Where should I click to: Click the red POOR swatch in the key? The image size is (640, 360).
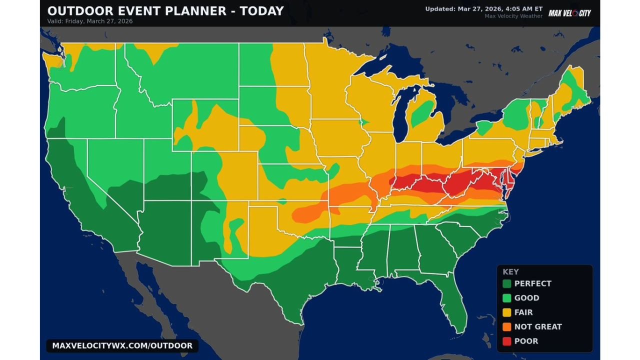pyautogui.click(x=507, y=341)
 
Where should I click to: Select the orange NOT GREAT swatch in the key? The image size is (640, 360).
pyautogui.click(x=507, y=326)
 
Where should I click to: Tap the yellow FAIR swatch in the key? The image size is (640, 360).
pyautogui.click(x=507, y=312)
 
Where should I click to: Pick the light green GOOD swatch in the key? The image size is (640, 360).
pyautogui.click(x=507, y=298)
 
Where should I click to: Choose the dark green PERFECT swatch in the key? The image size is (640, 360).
pyautogui.click(x=507, y=283)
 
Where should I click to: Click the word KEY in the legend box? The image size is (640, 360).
pyautogui.click(x=510, y=272)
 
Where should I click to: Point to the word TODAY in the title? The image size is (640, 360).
pyautogui.click(x=261, y=10)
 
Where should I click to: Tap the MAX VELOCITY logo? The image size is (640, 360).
pyautogui.click(x=569, y=13)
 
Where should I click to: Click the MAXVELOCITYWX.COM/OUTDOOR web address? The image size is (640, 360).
pyautogui.click(x=122, y=345)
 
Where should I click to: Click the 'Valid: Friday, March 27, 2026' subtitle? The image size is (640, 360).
pyautogui.click(x=90, y=21)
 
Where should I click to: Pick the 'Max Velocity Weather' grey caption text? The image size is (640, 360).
pyautogui.click(x=513, y=16)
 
